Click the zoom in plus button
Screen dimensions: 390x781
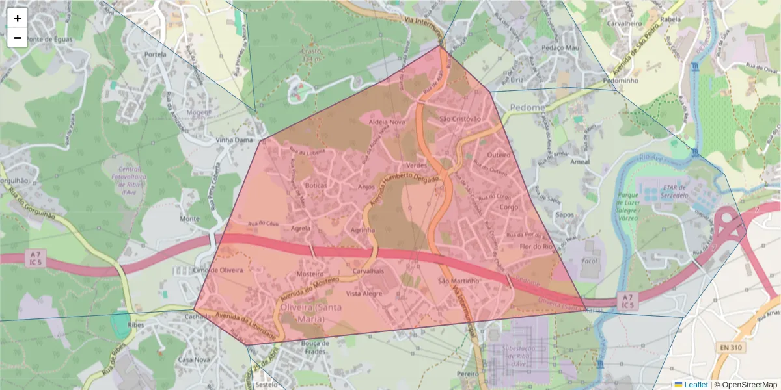(x=18, y=18)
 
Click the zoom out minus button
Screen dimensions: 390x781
(x=18, y=38)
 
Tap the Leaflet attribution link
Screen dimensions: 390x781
(x=695, y=385)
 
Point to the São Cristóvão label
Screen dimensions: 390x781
(x=460, y=119)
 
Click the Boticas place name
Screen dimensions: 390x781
(x=316, y=185)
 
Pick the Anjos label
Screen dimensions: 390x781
(x=367, y=187)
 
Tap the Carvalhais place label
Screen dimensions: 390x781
(x=368, y=270)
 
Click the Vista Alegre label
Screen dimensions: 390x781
(x=364, y=294)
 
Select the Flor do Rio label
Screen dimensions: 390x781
(x=536, y=246)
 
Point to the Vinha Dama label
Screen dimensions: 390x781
(x=234, y=140)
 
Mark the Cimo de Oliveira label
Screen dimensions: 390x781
(x=218, y=270)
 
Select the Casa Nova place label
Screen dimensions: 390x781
(x=193, y=359)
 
